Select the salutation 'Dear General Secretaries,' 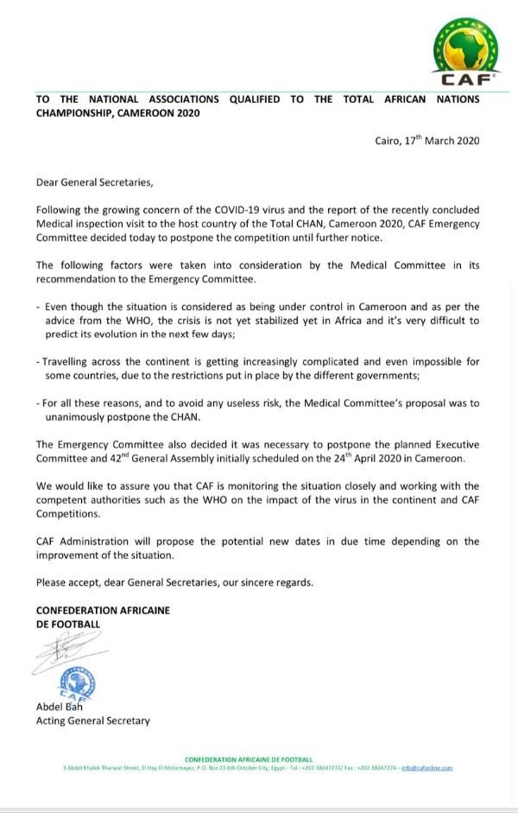tap(87, 182)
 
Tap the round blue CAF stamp tap(78, 682)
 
